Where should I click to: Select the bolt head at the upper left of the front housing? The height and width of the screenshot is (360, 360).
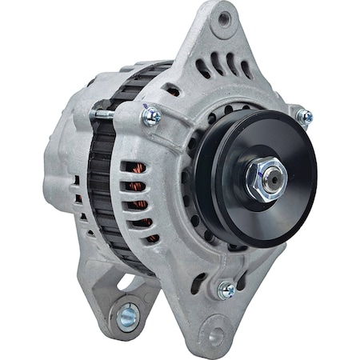click(150, 118)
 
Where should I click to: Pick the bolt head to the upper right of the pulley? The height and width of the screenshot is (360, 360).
click(304, 117)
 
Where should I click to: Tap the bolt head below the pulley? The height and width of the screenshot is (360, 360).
click(226, 290)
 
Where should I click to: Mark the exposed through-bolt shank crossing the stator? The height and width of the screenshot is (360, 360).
click(104, 117)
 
